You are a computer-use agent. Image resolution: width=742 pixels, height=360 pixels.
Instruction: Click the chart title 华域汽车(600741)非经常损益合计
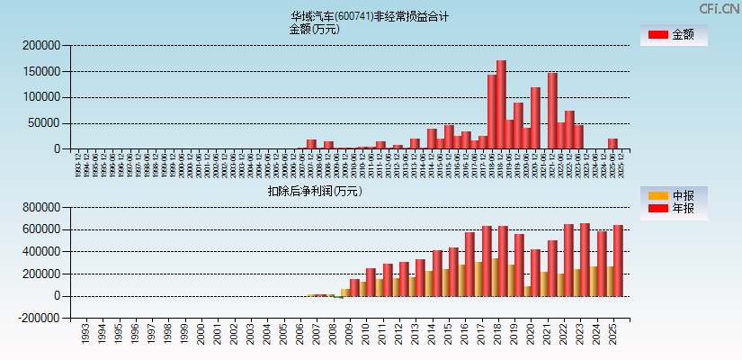(369, 16)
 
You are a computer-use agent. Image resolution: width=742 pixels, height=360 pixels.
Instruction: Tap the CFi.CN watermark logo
(719, 8)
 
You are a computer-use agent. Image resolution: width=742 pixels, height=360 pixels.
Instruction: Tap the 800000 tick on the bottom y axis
(42, 207)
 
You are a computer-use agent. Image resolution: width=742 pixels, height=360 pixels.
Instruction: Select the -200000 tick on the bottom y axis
(40, 318)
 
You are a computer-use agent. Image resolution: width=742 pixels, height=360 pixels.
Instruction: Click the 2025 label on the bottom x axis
(612, 336)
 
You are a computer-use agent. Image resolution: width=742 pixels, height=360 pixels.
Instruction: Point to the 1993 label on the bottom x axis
(85, 336)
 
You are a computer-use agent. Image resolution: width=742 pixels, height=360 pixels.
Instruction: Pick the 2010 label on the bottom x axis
(365, 336)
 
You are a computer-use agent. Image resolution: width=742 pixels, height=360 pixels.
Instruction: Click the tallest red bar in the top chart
(501, 104)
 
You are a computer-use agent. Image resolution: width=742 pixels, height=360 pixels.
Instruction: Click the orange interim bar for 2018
(494, 277)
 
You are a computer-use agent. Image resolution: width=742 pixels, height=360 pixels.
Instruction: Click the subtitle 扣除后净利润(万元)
(314, 191)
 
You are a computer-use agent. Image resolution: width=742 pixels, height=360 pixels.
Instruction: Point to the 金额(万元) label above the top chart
(314, 29)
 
